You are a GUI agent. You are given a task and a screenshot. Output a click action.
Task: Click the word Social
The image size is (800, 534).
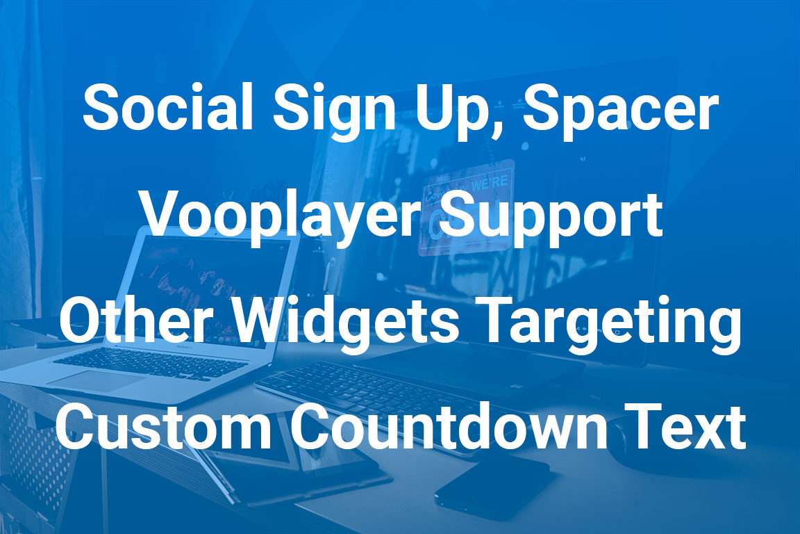click(x=168, y=107)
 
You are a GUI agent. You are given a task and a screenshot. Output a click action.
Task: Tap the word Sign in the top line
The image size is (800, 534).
click(x=334, y=111)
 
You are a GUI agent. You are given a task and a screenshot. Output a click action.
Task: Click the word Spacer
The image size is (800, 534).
click(x=620, y=111)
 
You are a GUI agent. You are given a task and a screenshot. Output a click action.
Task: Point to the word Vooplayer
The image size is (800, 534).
click(x=281, y=219)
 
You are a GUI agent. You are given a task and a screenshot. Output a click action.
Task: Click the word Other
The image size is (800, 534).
click(x=135, y=321)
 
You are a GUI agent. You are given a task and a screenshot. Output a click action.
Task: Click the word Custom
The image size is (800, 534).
click(x=163, y=427)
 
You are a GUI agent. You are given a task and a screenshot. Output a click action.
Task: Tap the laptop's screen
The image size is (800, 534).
click(x=212, y=291)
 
